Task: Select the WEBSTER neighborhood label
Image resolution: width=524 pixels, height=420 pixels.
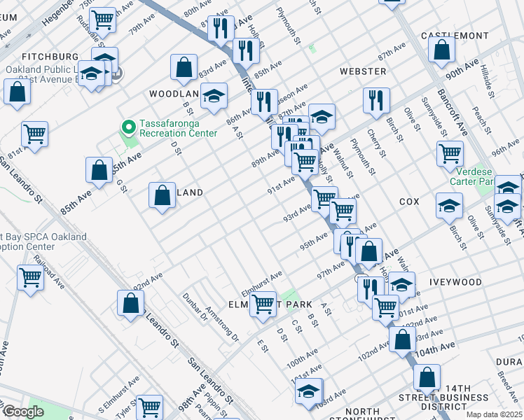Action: click(363, 71)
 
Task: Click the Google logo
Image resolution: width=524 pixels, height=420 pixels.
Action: click(23, 412)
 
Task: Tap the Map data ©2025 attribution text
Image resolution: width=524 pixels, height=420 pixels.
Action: click(493, 414)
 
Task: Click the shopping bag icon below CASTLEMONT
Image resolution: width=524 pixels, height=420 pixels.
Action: click(441, 50)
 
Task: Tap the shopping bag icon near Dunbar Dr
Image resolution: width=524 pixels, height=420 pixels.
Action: click(131, 304)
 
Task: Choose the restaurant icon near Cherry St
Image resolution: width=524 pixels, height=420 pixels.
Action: click(376, 100)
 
